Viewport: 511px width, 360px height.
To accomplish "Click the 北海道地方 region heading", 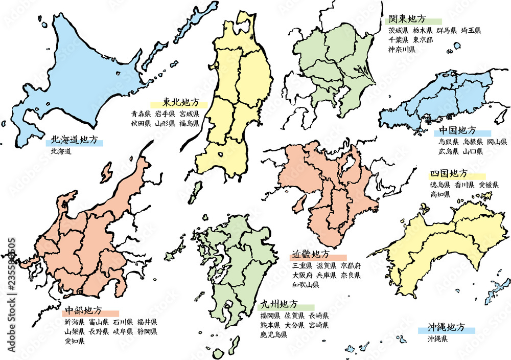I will click(x=74, y=140).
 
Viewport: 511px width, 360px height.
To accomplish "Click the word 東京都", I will click(x=423, y=40).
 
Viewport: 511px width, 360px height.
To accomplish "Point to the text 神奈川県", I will click(x=402, y=50).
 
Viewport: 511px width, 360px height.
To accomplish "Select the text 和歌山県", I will click(x=306, y=285).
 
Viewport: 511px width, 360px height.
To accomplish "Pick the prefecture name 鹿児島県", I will click(x=273, y=335).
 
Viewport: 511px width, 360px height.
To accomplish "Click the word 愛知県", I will click(x=74, y=342).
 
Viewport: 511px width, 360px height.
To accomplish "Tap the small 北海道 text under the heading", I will click(x=61, y=151).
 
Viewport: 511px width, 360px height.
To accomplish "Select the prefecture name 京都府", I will click(x=351, y=266).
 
